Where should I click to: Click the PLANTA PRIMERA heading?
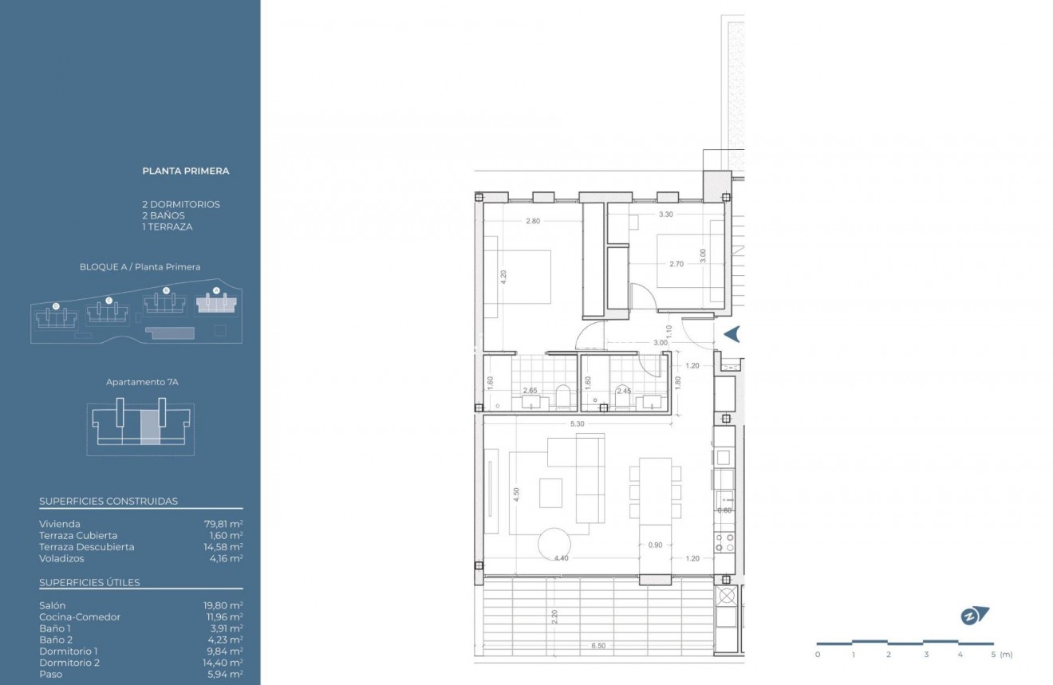pos(185,171)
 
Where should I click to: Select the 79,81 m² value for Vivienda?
pos(223,524)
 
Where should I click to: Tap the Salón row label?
pos(52,605)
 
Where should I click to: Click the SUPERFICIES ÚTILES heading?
pos(89,582)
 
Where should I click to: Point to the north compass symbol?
pos(974,616)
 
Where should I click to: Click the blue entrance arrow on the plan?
pos(732,334)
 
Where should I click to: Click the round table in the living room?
pos(554,546)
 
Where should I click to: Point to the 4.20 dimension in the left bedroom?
pos(503,278)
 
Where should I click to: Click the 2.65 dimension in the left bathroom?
pos(530,391)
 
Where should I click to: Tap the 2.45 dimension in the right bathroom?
pos(623,391)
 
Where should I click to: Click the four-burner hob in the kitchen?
pos(724,543)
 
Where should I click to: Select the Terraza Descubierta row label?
pos(86,547)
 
